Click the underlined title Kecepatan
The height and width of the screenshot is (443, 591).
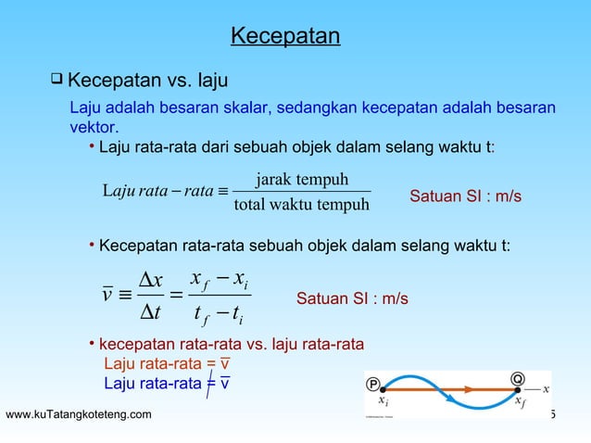(285, 36)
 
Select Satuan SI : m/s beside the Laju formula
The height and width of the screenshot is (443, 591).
(465, 197)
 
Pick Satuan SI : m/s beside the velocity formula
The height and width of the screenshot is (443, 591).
(352, 298)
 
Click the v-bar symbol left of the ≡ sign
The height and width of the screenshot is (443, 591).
(107, 297)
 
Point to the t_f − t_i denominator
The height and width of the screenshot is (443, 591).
(219, 316)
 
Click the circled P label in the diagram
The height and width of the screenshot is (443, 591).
(373, 382)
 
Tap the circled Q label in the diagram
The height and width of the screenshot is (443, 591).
(520, 378)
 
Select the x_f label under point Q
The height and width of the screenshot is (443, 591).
(521, 403)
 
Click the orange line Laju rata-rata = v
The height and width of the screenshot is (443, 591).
(167, 362)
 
